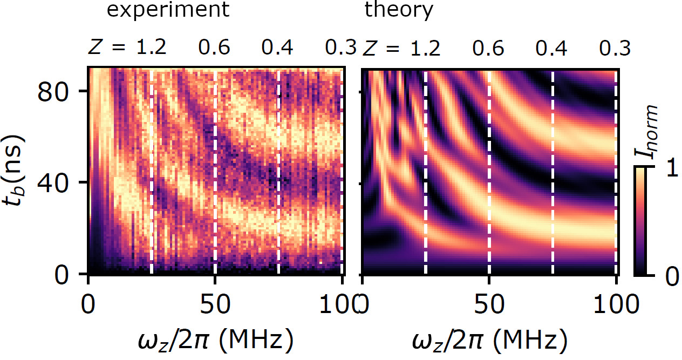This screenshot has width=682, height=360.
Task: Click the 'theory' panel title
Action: pyautogui.click(x=398, y=10)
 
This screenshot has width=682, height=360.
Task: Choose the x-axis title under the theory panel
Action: pyautogui.click(x=489, y=340)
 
